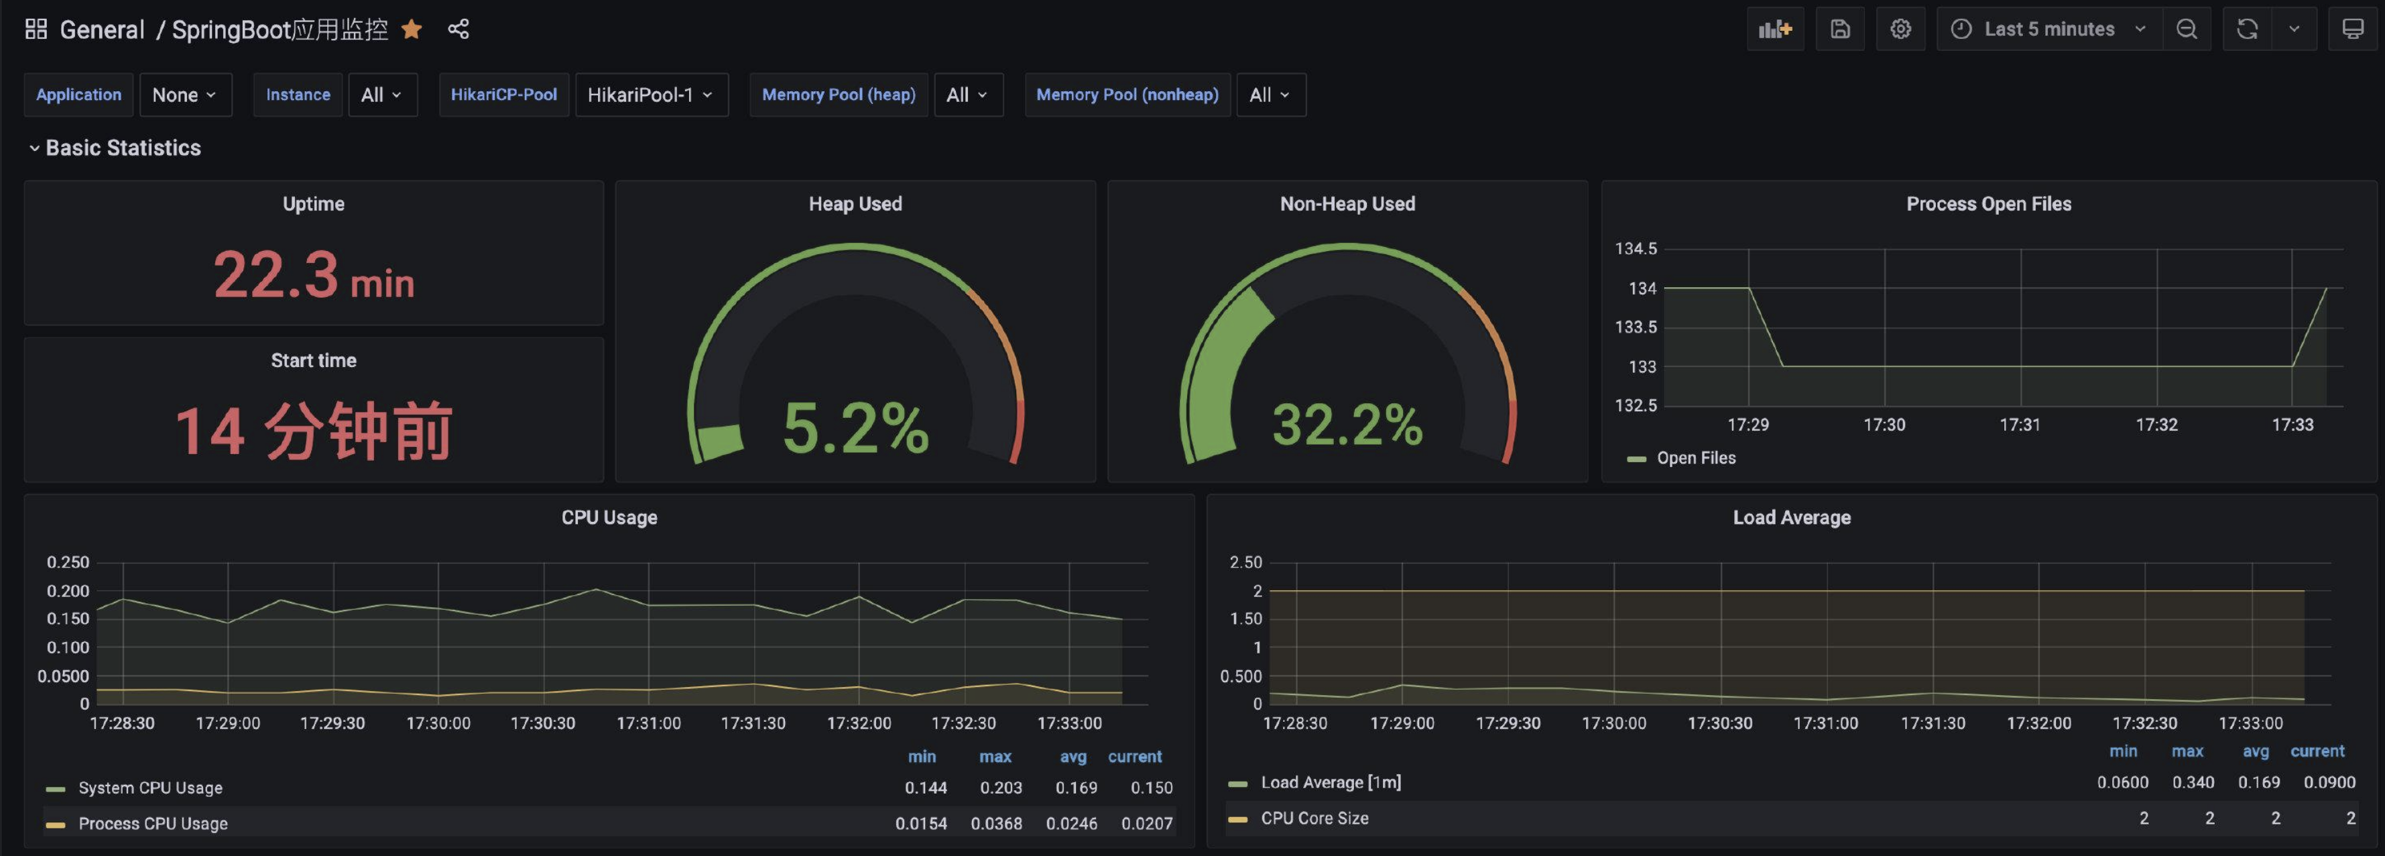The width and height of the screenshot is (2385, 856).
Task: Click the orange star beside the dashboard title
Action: point(412,30)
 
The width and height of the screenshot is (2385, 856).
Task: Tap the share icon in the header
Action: point(458,30)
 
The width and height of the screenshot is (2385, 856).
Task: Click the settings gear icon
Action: point(1900,30)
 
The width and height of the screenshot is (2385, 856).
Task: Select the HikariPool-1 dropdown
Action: point(651,95)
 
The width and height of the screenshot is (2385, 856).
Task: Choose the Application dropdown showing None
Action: point(184,95)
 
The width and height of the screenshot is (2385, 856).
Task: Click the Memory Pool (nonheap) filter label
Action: point(1127,95)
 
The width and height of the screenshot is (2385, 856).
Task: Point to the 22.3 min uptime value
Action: point(314,275)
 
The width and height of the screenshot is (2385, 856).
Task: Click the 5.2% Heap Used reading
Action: point(855,427)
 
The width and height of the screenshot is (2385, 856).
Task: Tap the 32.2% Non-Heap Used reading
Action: point(1347,424)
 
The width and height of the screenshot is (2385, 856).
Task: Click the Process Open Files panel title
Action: point(1989,204)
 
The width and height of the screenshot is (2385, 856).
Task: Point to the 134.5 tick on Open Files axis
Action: point(1636,248)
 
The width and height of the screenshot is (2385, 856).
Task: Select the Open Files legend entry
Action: point(1683,458)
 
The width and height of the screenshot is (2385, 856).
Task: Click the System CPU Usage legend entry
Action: point(135,788)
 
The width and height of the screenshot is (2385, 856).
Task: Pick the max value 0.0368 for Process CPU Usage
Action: point(996,822)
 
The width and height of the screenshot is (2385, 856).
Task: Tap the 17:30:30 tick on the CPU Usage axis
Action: point(542,723)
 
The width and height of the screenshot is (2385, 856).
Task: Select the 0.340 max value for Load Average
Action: point(2193,782)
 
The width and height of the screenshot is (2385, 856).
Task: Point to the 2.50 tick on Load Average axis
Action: point(1245,562)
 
